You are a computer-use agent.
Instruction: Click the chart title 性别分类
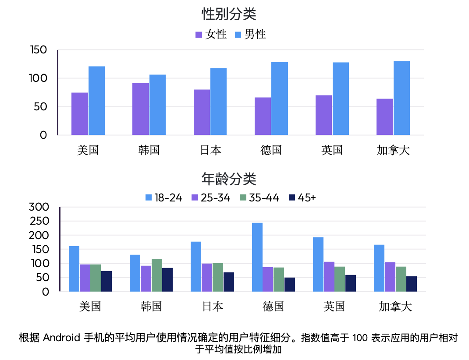click(229, 14)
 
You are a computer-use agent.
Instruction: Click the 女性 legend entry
click(211, 35)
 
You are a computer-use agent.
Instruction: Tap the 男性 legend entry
click(250, 35)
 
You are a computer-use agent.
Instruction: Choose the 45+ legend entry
click(302, 198)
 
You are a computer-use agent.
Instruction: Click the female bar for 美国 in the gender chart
click(80, 114)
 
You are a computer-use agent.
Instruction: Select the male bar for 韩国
click(157, 105)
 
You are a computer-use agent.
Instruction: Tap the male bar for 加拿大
click(401, 98)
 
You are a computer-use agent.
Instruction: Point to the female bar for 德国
click(263, 116)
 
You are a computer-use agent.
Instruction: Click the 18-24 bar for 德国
click(257, 257)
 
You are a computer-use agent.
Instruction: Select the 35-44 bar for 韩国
click(157, 275)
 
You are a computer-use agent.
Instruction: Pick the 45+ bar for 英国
click(351, 283)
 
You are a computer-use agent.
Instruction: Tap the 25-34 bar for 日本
click(207, 277)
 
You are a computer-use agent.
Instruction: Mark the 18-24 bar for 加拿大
click(379, 268)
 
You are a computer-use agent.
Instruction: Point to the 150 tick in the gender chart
click(39, 50)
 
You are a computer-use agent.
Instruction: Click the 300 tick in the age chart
click(39, 207)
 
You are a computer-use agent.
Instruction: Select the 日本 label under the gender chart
click(210, 150)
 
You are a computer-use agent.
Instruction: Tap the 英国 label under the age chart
click(334, 306)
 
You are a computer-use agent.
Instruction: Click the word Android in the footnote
click(61, 338)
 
